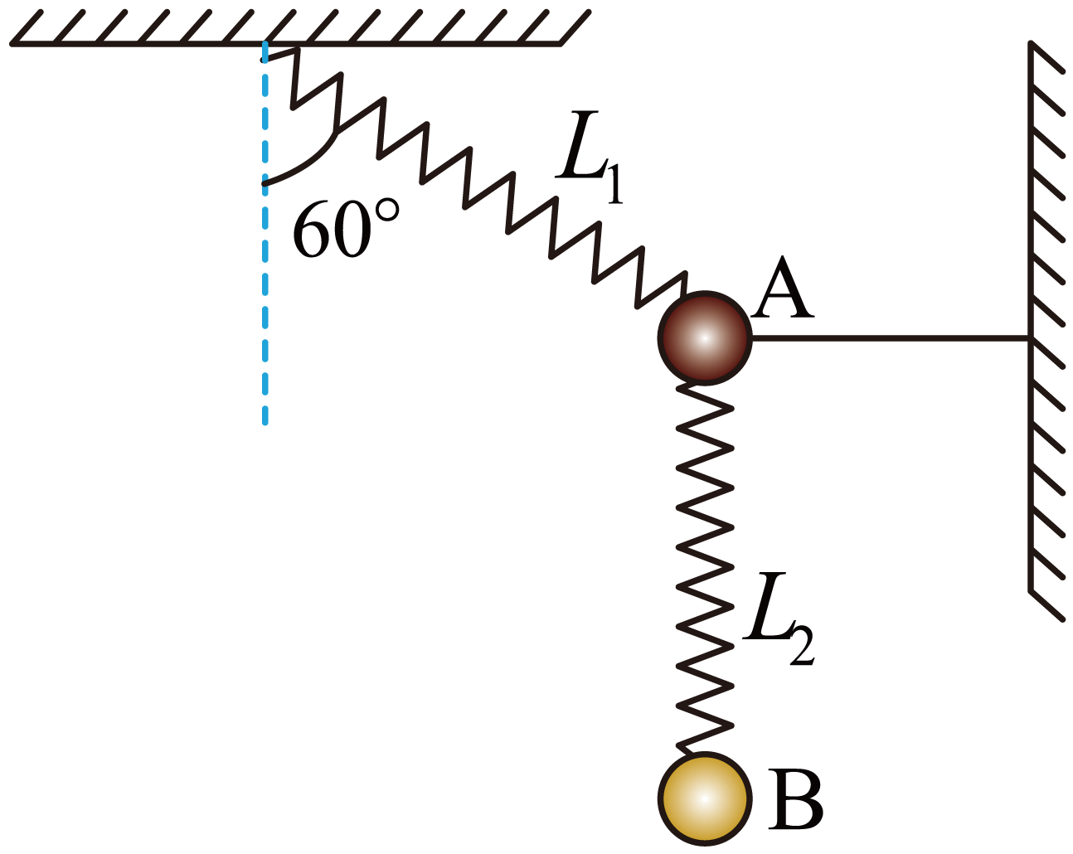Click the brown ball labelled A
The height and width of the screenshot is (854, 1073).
click(704, 338)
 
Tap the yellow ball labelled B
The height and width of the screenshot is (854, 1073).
click(704, 798)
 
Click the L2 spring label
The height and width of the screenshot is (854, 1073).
click(778, 619)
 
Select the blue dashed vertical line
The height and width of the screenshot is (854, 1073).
click(265, 233)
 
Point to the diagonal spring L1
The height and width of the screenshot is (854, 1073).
click(473, 177)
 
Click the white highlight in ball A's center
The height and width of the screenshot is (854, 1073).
click(704, 338)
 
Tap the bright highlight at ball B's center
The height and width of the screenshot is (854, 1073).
click(704, 798)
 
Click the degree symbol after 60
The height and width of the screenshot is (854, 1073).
click(387, 211)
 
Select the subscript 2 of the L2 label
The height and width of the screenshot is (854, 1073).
click(802, 647)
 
